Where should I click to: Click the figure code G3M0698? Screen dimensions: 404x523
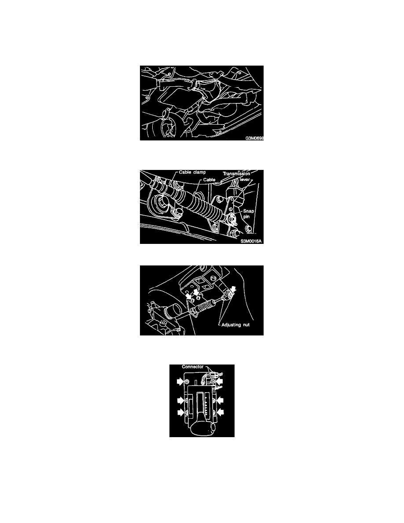[254, 138]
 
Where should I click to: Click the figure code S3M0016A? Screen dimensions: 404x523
[251, 241]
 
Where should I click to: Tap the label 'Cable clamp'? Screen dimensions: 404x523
[192, 173]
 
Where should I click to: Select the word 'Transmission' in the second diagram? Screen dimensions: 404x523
[236, 174]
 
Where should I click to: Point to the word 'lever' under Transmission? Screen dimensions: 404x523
[245, 180]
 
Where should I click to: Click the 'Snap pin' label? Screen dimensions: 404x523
[248, 214]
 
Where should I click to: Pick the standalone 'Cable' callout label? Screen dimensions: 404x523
[209, 180]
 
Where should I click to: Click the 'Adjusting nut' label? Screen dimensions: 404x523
[235, 324]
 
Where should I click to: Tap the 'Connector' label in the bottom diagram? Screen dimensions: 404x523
[193, 367]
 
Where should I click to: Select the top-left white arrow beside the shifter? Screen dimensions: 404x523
[180, 381]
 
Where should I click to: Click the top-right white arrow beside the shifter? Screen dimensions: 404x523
[220, 381]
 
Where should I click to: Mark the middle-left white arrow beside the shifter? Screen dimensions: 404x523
[180, 400]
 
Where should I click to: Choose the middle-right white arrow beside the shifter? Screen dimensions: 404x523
[220, 400]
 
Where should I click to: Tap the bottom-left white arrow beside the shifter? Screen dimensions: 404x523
[180, 413]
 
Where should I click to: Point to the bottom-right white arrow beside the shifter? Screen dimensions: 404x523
[220, 413]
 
